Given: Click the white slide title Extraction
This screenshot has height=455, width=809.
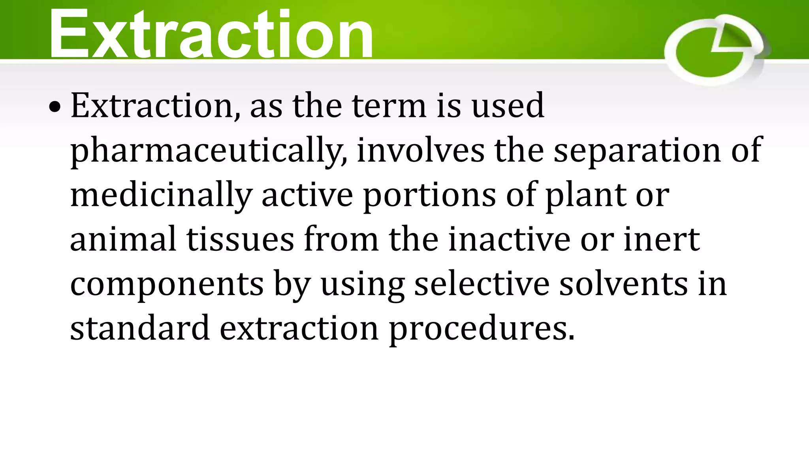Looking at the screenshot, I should (x=211, y=34).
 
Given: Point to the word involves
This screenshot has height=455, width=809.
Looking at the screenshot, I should (x=420, y=150).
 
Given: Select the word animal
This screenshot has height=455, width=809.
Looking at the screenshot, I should (x=123, y=239).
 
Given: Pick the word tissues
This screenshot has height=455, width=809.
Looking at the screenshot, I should (x=240, y=239).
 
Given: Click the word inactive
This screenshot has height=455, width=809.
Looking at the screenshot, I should (x=509, y=239).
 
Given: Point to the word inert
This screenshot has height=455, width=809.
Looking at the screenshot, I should (x=661, y=239).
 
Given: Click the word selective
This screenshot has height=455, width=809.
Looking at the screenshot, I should (x=482, y=284).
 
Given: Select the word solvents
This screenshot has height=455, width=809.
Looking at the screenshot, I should (x=623, y=284).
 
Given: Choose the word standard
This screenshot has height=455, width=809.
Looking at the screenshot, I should (x=140, y=328).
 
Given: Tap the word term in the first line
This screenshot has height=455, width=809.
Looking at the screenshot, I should (x=389, y=106).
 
